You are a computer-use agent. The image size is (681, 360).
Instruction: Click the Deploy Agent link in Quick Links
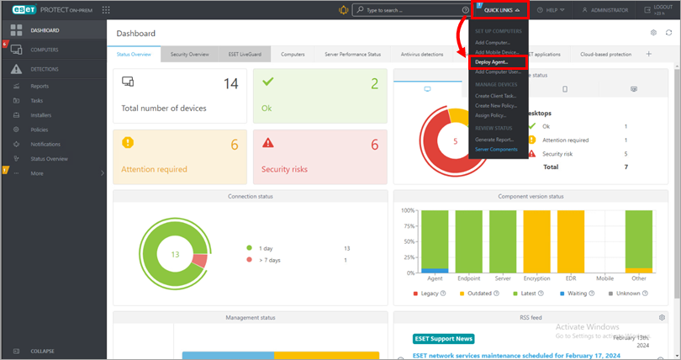coord(493,62)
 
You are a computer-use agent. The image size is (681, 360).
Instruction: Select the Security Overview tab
coord(189,54)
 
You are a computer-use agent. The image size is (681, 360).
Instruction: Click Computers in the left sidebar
coord(45,50)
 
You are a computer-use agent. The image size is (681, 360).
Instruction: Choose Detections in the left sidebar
coord(45,69)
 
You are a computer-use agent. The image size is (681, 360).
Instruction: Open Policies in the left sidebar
coord(39,130)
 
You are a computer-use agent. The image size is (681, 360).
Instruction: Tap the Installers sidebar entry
coord(40,115)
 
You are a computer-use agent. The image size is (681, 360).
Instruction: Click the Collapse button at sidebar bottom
coord(42,351)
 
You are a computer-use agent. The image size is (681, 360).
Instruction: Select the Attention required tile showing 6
coord(180,156)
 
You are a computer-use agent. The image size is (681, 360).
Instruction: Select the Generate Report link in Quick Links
coord(494,139)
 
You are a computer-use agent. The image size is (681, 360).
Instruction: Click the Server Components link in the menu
coord(496,149)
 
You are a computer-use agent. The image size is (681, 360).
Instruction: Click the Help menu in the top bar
coord(552,10)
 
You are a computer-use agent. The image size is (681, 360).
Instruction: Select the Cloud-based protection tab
coord(605,54)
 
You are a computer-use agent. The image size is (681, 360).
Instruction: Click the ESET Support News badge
coord(444,339)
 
